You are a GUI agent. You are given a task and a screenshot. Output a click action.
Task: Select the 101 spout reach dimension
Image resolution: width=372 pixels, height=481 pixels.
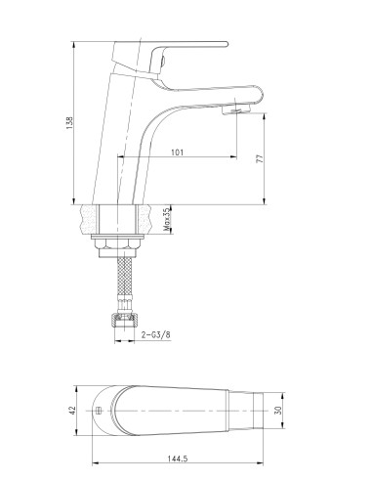(177, 153)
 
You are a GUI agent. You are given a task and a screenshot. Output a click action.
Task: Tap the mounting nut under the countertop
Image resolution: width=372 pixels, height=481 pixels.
(119, 244)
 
